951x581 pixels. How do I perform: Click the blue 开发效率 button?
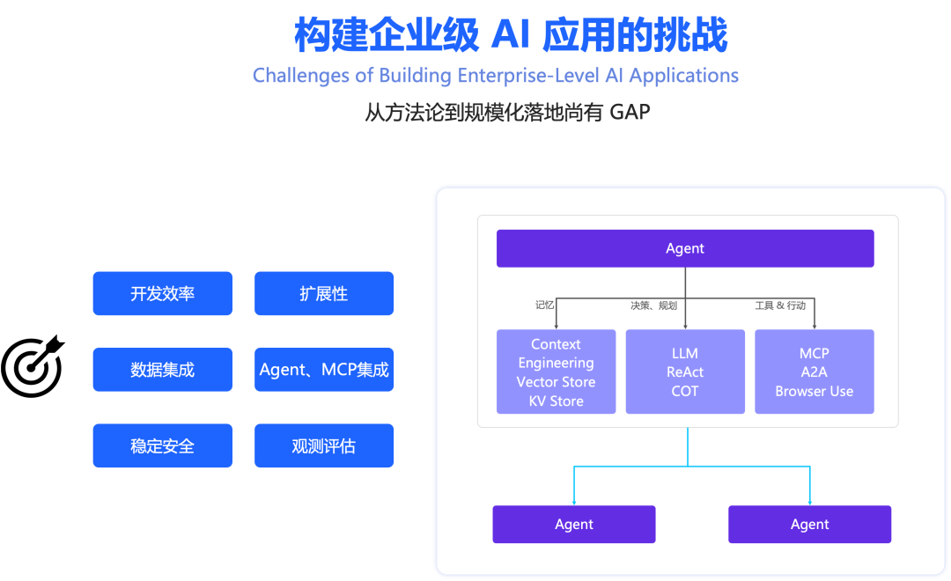pyautogui.click(x=162, y=293)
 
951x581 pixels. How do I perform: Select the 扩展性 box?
pyautogui.click(x=324, y=293)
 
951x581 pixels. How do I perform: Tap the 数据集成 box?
pyautogui.click(x=162, y=370)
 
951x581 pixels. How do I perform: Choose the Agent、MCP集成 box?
pyautogui.click(x=324, y=370)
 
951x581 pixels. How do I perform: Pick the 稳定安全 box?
pyautogui.click(x=162, y=446)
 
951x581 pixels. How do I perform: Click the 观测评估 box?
pyautogui.click(x=324, y=446)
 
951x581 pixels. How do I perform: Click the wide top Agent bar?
pyautogui.click(x=685, y=248)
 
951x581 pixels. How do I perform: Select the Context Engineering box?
pyautogui.click(x=556, y=371)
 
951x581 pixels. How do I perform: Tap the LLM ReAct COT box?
pyautogui.click(x=685, y=371)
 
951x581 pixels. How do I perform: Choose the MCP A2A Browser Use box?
pyautogui.click(x=815, y=371)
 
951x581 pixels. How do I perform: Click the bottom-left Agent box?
pyautogui.click(x=574, y=524)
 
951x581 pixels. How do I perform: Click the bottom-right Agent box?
pyautogui.click(x=810, y=524)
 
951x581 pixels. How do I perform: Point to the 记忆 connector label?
pyautogui.click(x=545, y=305)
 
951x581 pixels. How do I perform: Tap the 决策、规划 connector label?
pyautogui.click(x=653, y=305)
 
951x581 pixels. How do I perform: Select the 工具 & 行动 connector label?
pyautogui.click(x=780, y=305)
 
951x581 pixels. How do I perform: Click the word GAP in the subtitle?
pyautogui.click(x=630, y=113)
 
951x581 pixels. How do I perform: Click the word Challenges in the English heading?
pyautogui.click(x=301, y=76)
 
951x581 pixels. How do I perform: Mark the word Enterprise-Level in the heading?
pyautogui.click(x=528, y=76)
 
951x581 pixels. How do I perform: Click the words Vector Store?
pyautogui.click(x=556, y=382)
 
